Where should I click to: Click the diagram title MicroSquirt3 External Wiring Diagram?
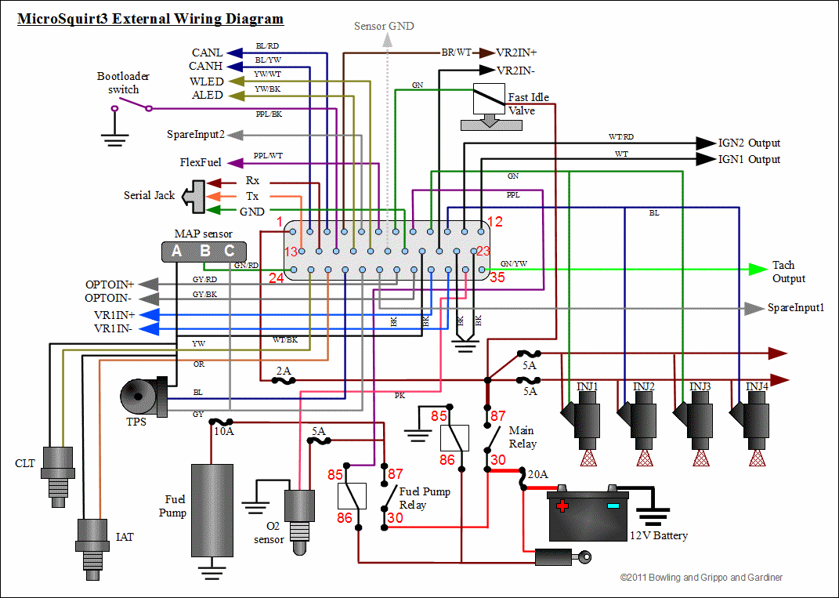pos(150,19)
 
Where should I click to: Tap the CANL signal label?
pos(207,53)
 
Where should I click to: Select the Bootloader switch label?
pos(123,83)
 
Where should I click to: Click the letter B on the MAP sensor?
pos(204,251)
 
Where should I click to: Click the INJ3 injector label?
pos(700,386)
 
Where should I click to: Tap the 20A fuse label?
pos(538,473)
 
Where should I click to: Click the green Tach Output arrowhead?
pos(758,269)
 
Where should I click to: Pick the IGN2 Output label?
pos(749,143)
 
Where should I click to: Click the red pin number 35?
pos(497,276)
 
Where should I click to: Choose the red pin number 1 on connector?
pos(278,223)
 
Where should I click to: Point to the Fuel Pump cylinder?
pos(212,510)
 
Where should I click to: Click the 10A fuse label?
pos(224,430)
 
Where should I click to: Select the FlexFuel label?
pos(201,163)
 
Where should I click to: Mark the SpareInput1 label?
pos(796,308)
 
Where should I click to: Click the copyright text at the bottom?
pos(701,578)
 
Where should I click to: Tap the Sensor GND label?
pos(384,26)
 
